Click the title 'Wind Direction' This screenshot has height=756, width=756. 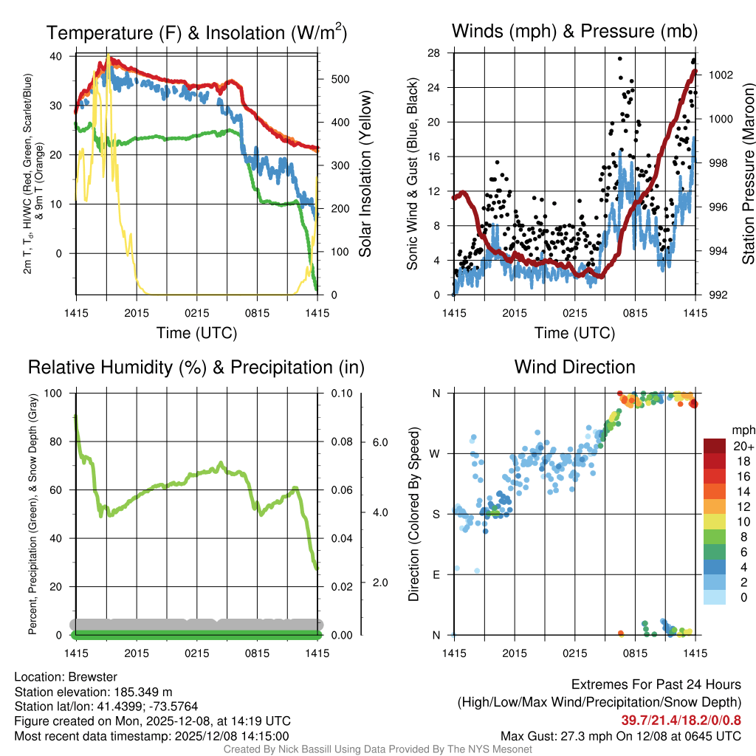tap(574, 367)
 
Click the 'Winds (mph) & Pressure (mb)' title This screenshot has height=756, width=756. tap(574, 32)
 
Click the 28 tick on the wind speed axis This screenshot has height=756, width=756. tap(433, 52)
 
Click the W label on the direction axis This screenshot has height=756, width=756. tap(436, 453)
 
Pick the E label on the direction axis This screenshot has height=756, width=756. tap(436, 574)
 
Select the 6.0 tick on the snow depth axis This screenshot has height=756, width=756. tap(379, 442)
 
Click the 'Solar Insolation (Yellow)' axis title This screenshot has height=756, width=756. tap(365, 174)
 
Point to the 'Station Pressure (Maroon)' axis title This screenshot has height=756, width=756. tap(747, 174)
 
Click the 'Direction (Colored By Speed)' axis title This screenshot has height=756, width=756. tap(414, 514)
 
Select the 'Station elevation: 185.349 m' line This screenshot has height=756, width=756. tap(93, 692)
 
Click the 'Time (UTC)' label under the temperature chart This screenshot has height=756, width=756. tap(196, 333)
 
